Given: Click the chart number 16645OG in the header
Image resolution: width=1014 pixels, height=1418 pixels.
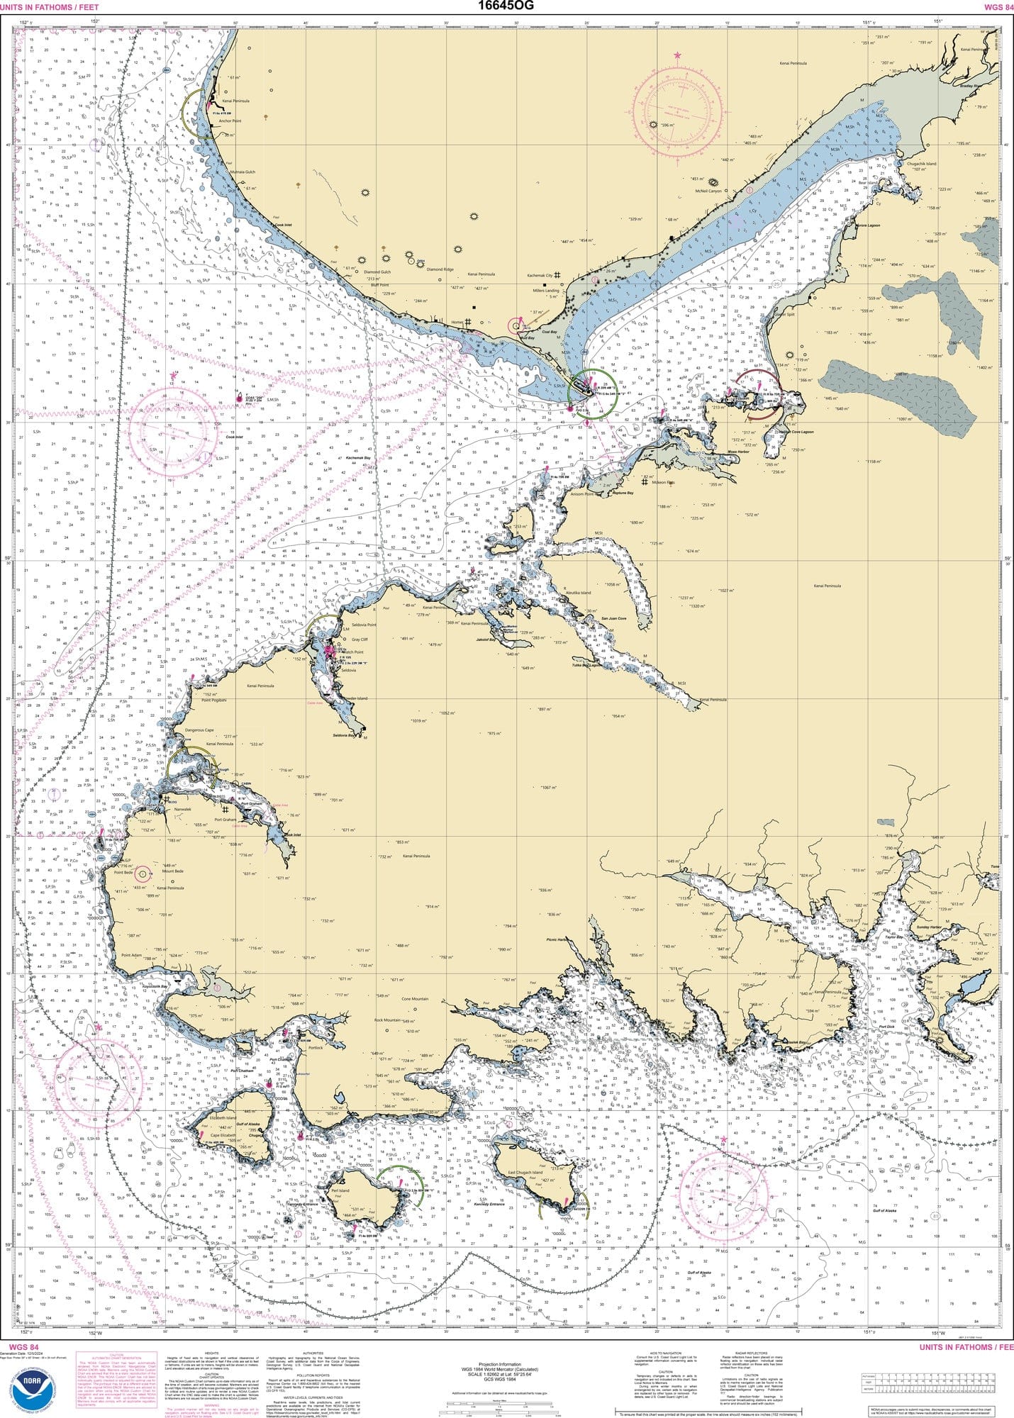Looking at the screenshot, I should (x=506, y=6).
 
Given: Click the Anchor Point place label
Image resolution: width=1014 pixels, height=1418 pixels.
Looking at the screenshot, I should (x=230, y=121).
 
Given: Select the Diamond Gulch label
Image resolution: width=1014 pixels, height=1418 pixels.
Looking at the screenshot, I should (x=377, y=272).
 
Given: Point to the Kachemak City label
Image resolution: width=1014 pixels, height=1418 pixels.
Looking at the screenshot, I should (x=540, y=275).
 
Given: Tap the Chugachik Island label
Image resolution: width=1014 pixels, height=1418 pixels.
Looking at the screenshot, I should (x=921, y=164).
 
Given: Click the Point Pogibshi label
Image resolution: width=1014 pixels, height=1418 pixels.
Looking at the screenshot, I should (x=213, y=700).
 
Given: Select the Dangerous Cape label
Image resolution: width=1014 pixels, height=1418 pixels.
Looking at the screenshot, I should (x=199, y=730).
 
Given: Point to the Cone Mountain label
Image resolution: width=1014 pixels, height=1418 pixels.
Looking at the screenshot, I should (x=415, y=999).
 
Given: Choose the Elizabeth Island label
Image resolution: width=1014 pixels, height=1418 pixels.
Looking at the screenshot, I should (x=223, y=1118).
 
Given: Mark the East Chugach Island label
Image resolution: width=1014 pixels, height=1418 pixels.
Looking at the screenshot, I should (x=524, y=1173).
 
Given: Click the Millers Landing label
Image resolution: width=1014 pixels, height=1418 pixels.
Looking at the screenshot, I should (x=546, y=291).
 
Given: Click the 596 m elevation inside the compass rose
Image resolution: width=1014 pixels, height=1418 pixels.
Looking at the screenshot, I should (x=666, y=125).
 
